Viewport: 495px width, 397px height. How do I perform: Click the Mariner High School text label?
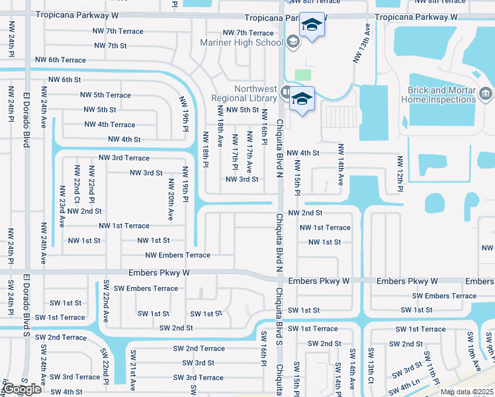coord(242,43)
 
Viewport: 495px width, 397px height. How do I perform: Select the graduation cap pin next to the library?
coord(301,100)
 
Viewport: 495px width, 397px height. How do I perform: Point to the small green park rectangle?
coord(303,75)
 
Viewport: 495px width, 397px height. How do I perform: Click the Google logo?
coord(22,389)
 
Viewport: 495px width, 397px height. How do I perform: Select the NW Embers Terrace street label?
coord(177,255)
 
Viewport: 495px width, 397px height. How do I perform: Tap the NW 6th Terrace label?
coord(57,60)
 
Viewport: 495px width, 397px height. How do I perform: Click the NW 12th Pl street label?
coord(400,174)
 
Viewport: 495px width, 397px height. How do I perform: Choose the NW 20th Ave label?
coord(170,202)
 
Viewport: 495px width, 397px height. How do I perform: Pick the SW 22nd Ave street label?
coord(105,302)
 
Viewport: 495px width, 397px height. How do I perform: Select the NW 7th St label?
coord(110,46)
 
